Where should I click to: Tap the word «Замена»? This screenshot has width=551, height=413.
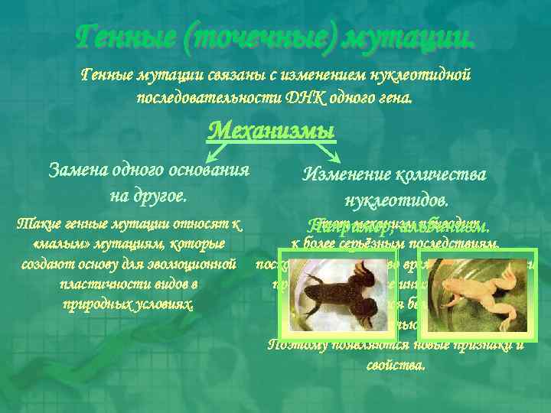(77, 170)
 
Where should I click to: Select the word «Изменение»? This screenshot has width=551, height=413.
(347, 175)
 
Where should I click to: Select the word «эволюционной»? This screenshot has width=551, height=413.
(192, 265)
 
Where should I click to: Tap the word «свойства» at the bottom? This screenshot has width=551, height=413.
(396, 364)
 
